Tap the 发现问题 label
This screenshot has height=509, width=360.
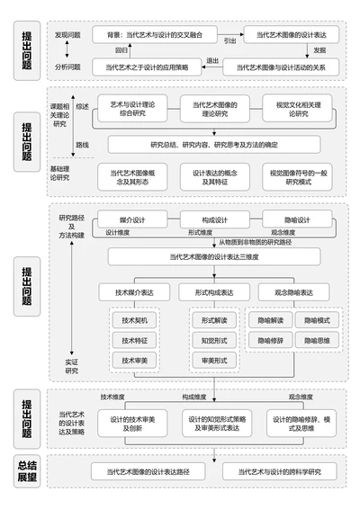point(67,34)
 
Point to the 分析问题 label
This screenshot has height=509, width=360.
point(67,66)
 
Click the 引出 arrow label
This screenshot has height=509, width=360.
point(230,40)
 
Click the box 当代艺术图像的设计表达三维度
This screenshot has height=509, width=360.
point(212,257)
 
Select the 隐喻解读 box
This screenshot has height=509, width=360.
point(270,319)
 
